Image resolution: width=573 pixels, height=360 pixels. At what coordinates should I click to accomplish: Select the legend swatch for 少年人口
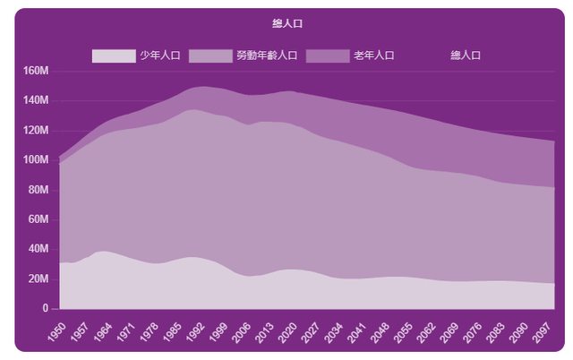point(113,56)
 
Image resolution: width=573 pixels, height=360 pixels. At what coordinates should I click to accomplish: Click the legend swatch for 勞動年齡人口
point(210,56)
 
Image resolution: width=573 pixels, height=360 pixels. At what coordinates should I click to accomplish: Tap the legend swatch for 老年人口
point(327,56)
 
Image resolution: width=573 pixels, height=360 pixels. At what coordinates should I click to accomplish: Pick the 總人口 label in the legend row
point(466,56)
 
